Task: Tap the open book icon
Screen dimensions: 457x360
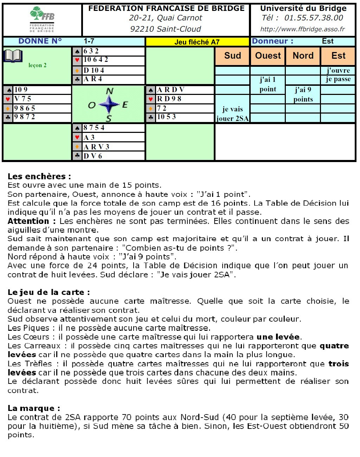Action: (13, 56)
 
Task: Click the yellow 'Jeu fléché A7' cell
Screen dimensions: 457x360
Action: (197, 42)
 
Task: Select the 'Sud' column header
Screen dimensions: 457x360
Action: (232, 56)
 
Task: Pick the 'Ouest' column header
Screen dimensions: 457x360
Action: (268, 56)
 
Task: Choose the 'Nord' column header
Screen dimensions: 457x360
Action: (303, 56)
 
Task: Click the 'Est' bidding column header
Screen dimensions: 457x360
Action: (338, 56)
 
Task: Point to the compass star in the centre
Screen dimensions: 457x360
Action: (109, 104)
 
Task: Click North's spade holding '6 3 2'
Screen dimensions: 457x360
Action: (91, 51)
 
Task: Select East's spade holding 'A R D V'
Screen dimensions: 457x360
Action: (171, 90)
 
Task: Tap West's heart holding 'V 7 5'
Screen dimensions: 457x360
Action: (22, 99)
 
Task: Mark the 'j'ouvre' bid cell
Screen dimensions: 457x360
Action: (338, 70)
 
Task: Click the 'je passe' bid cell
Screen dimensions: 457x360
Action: (338, 79)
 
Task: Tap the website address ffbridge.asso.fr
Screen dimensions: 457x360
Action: (302, 29)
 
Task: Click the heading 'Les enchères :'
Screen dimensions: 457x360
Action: (39, 176)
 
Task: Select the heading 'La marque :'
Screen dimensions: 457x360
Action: (34, 408)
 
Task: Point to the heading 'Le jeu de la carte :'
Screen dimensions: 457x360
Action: (49, 292)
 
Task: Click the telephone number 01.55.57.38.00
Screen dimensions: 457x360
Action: (314, 18)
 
